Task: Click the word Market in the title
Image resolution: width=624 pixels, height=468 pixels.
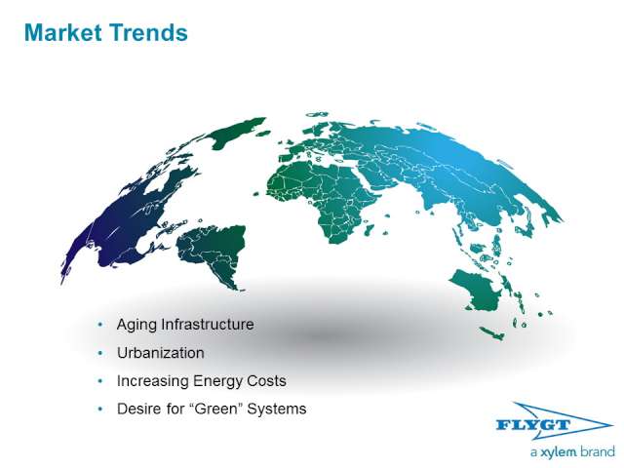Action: pyautogui.click(x=63, y=32)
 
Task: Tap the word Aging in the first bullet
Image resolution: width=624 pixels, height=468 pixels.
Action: pyautogui.click(x=136, y=325)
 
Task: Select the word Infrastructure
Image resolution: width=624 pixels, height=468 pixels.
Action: pyautogui.click(x=208, y=325)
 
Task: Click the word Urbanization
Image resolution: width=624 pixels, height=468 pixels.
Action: pyautogui.click(x=160, y=353)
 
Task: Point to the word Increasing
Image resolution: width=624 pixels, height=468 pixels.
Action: pyautogui.click(x=153, y=381)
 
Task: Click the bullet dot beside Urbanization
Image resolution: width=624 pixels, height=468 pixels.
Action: pyautogui.click(x=99, y=353)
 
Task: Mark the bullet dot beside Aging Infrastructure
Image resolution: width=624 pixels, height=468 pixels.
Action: pyautogui.click(x=99, y=325)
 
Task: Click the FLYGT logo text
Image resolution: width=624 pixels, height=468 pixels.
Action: pyautogui.click(x=533, y=425)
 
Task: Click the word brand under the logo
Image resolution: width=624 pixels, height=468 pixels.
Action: pyautogui.click(x=597, y=451)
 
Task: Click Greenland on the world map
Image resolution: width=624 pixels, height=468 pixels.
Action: pyautogui.click(x=236, y=132)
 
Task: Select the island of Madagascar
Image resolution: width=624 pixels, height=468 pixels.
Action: pyautogui.click(x=369, y=230)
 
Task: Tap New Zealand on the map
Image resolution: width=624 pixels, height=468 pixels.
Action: pyautogui.click(x=492, y=333)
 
